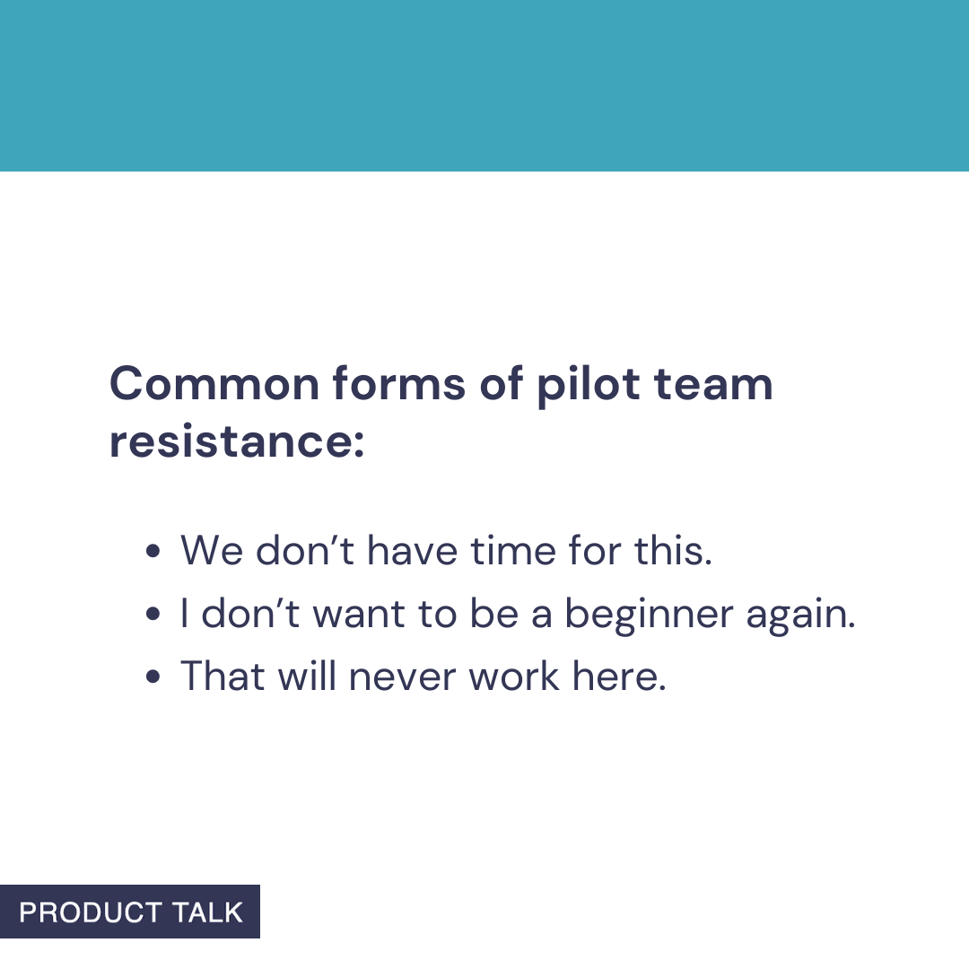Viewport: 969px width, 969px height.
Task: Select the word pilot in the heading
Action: [589, 385]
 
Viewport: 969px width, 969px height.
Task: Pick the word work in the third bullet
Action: [515, 676]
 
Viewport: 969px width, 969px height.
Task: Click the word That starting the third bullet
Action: [223, 676]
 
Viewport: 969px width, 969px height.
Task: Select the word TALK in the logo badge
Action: [208, 912]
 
